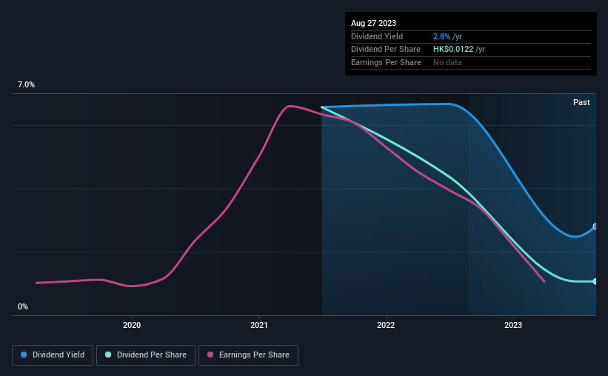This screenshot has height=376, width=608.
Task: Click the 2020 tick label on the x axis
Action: [x=132, y=325]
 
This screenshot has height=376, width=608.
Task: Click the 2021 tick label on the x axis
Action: [x=259, y=325]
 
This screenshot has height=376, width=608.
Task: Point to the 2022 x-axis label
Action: [x=386, y=325]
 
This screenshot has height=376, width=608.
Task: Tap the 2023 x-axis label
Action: [x=513, y=325]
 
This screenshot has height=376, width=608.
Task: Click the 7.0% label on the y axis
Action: [x=27, y=85]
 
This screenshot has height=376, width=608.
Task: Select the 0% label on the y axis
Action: [x=23, y=306]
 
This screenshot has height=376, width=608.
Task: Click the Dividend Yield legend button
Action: [x=53, y=355]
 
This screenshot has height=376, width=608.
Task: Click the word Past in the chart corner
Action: [x=581, y=102]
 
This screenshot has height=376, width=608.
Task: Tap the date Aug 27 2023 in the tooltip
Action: [x=375, y=23]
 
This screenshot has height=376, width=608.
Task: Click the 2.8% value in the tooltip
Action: [x=441, y=36]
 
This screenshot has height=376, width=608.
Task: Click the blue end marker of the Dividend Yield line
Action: [x=595, y=226]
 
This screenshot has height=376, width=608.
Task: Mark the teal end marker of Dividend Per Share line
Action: [x=595, y=281]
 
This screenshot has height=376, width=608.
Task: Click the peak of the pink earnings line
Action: [x=290, y=106]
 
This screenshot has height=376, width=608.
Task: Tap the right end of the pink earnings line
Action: [x=544, y=281]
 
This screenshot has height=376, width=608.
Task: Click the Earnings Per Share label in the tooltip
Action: [x=386, y=63]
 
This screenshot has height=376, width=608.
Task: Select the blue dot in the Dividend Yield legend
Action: [x=24, y=355]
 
